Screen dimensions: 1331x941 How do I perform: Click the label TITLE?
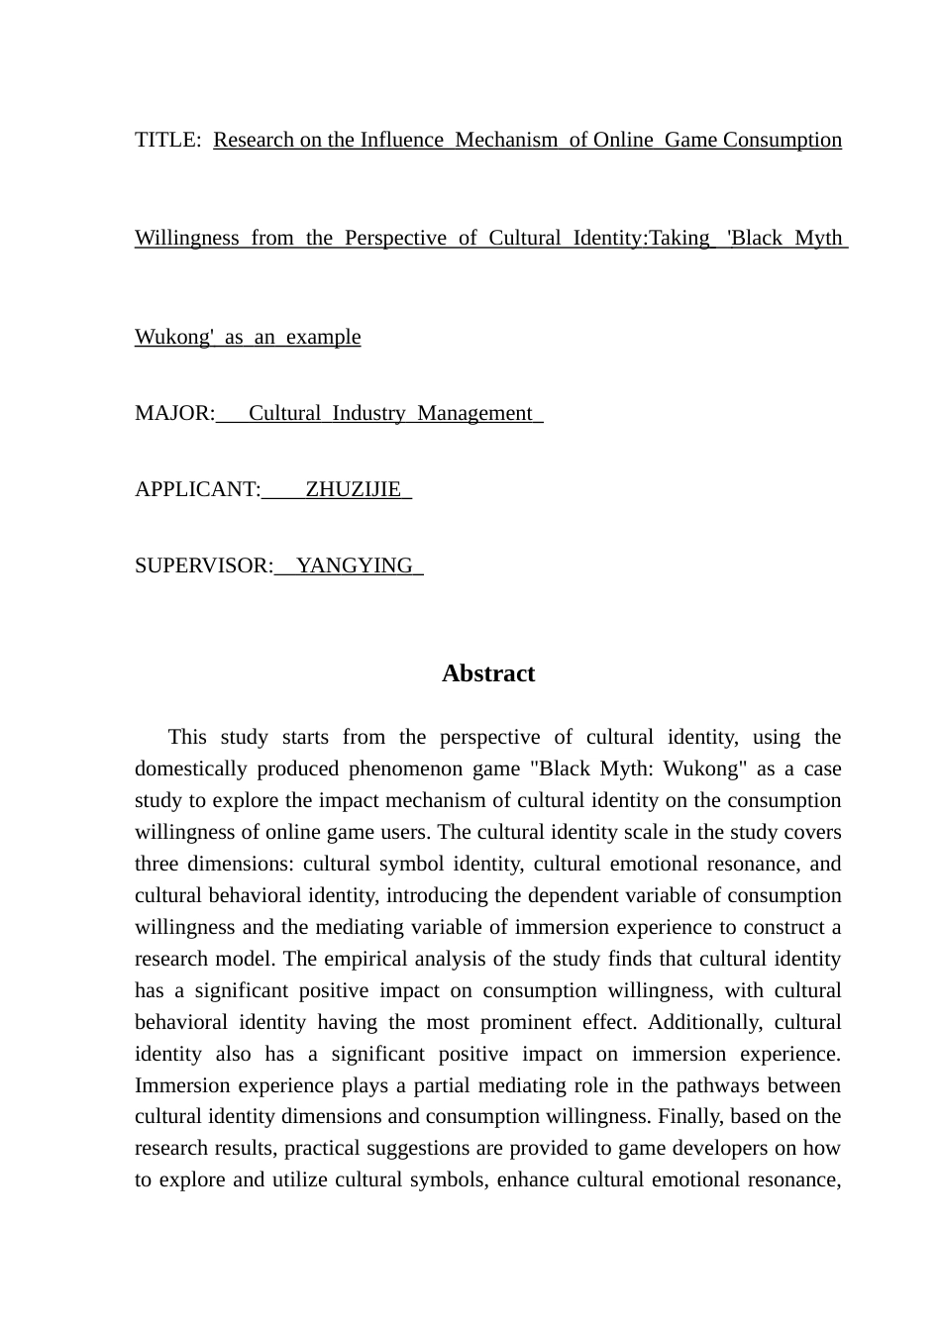[x=166, y=140]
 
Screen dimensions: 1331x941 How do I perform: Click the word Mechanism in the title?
[x=506, y=140]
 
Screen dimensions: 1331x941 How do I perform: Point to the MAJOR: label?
[x=174, y=413]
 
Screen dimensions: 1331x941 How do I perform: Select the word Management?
[x=474, y=413]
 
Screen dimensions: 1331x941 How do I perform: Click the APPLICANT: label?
[x=197, y=489]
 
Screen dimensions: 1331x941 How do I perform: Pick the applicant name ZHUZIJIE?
[x=353, y=489]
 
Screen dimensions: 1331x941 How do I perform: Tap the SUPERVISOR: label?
[x=203, y=565]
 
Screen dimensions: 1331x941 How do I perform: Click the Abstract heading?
[x=488, y=673]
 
